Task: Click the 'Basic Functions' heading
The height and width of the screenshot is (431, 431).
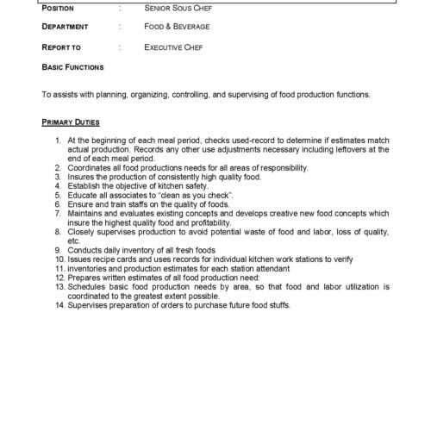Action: (x=72, y=66)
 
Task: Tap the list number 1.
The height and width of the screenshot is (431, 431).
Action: (x=58, y=140)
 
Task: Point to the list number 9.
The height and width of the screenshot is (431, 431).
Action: (x=58, y=248)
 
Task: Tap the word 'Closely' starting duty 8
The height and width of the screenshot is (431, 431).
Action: (x=81, y=232)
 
